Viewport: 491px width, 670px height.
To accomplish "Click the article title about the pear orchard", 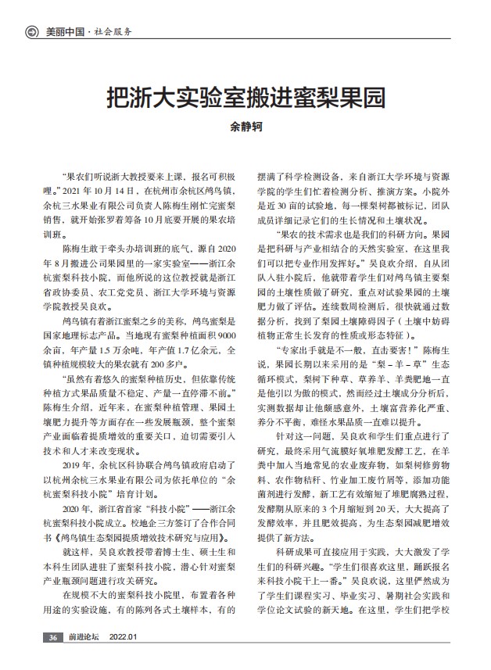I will point(245,98).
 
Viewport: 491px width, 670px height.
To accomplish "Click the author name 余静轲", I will point(245,126).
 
